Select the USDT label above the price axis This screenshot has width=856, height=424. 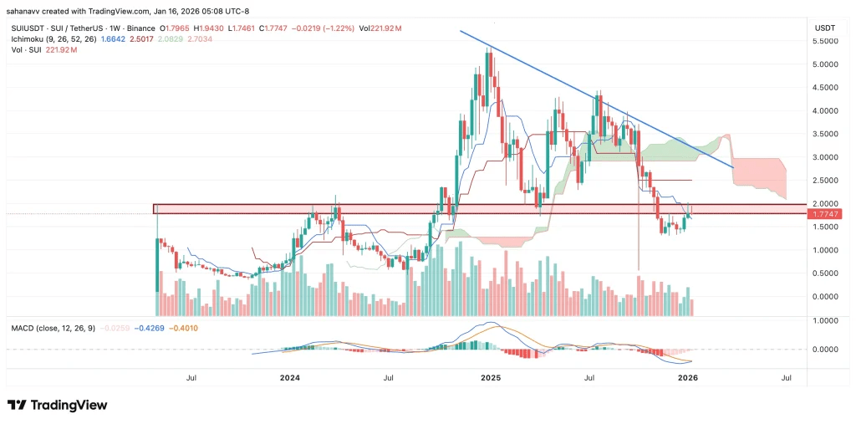[x=824, y=28]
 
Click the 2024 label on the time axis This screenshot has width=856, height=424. [x=289, y=378]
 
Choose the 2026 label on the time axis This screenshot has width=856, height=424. [x=687, y=378]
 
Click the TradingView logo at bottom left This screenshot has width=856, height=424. [x=58, y=406]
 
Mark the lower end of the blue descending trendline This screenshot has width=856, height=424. [x=733, y=168]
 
